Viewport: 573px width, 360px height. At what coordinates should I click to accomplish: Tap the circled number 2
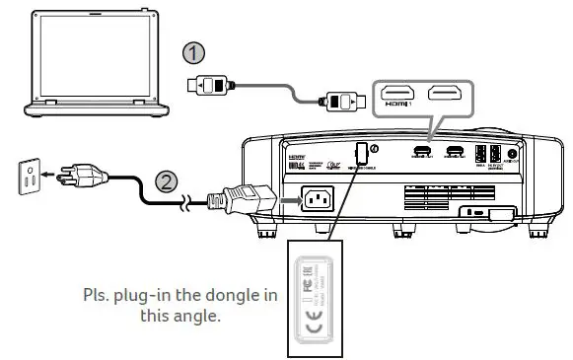[x=167, y=181]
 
